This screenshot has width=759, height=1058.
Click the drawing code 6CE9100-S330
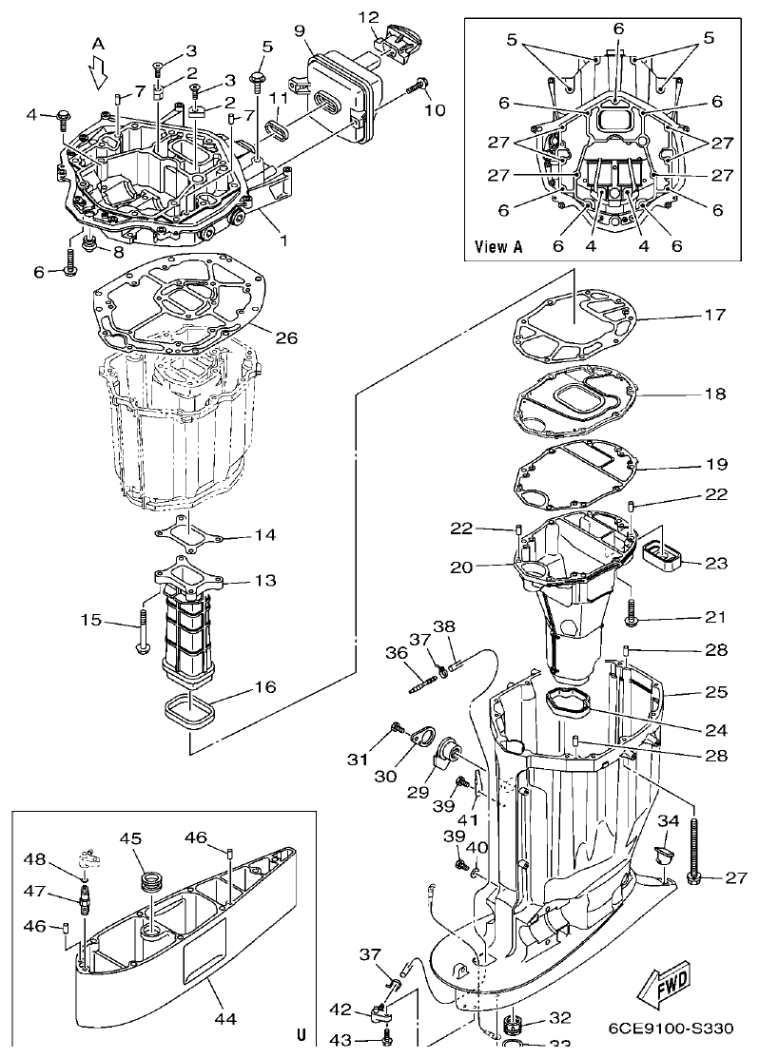coord(671,1029)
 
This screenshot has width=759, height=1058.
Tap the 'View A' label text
coord(498,246)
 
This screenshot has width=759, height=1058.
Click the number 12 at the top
coord(369,16)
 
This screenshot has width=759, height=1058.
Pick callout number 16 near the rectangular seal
coord(266,686)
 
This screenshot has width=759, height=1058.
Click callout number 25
coord(716,692)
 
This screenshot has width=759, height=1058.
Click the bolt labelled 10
coord(415,86)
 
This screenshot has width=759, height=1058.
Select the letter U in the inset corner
coord(301,1034)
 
